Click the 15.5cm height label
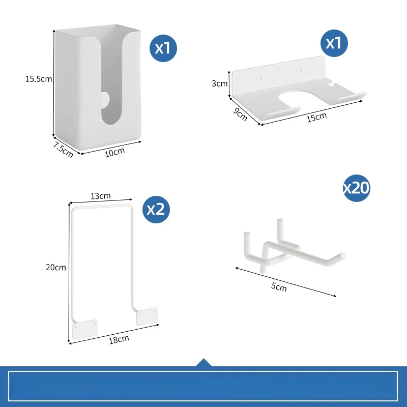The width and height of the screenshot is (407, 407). tap(39, 79)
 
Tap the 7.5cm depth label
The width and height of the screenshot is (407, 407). tap(63, 150)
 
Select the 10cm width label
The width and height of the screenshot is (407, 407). tap(115, 152)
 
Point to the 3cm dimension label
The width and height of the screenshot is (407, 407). tap(220, 83)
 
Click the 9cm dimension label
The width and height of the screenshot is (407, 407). tap(240, 114)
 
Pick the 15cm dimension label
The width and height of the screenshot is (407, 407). tap(316, 118)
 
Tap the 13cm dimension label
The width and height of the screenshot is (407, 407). tap(101, 196)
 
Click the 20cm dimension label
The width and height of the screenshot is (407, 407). tap(56, 268)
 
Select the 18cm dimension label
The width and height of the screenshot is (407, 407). tap(119, 339)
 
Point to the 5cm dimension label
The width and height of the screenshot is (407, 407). tap(279, 287)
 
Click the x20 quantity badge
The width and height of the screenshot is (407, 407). tap(357, 188)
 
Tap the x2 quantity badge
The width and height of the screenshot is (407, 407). tap(156, 210)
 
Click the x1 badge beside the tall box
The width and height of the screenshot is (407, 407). tap(163, 48)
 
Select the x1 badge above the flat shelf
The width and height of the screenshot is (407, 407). tap(334, 43)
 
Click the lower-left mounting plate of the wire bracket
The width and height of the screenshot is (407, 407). tap(85, 330)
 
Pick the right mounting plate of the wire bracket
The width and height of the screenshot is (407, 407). tap(147, 316)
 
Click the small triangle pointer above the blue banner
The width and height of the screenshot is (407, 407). tap(204, 363)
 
